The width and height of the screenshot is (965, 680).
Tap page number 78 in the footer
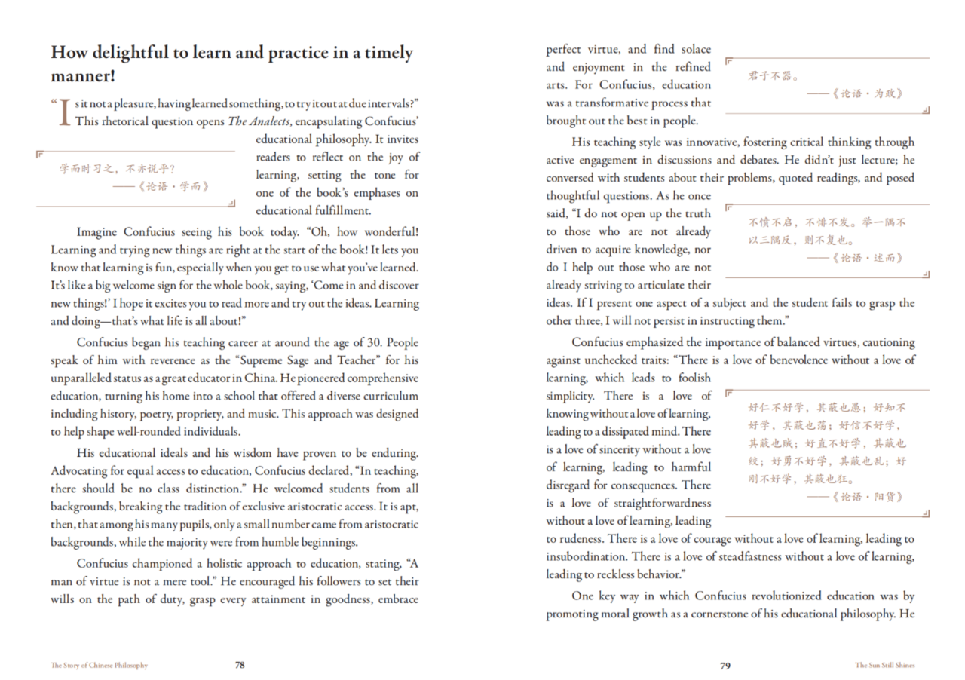tap(240, 666)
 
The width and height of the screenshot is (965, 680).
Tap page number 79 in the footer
tap(725, 666)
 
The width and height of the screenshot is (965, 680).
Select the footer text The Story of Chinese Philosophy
tap(99, 666)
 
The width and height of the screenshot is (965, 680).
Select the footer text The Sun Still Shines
tap(884, 666)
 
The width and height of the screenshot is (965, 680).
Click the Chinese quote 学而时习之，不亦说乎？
tap(118, 168)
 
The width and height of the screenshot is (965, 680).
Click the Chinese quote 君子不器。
tap(774, 76)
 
